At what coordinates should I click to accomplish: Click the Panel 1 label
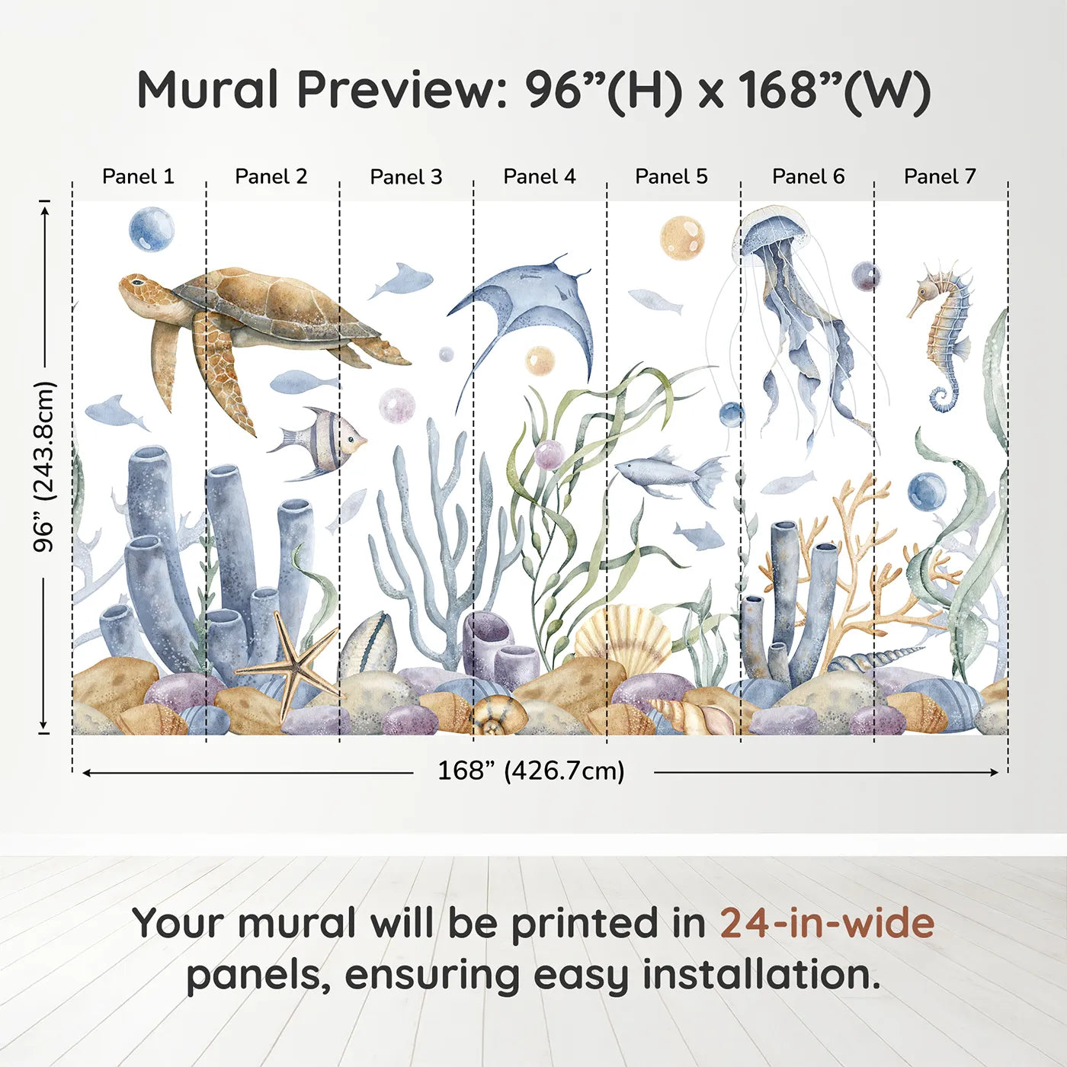tap(138, 177)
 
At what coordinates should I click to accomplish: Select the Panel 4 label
tap(539, 177)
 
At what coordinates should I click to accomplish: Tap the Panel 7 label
tap(939, 177)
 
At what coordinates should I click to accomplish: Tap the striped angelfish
tap(324, 442)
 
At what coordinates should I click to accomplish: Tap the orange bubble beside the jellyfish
tap(681, 237)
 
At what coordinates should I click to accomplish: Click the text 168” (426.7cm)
tap(530, 771)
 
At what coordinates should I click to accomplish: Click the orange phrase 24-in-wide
tap(827, 923)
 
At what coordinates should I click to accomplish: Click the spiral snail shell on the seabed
tap(498, 716)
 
